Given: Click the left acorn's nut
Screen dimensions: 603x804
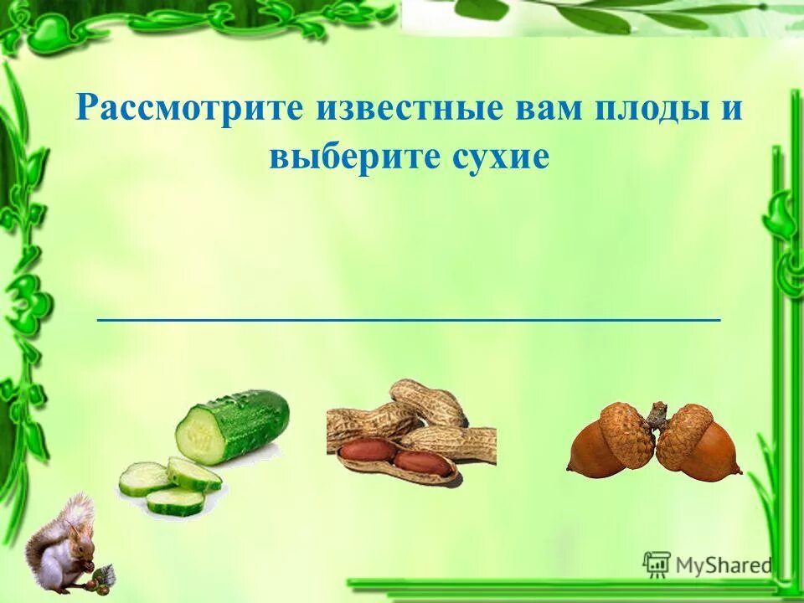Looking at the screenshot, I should tap(596, 452).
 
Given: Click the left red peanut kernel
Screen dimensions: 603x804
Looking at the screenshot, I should tap(367, 451).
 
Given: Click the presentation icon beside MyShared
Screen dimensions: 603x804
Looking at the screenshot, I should tap(656, 565).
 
